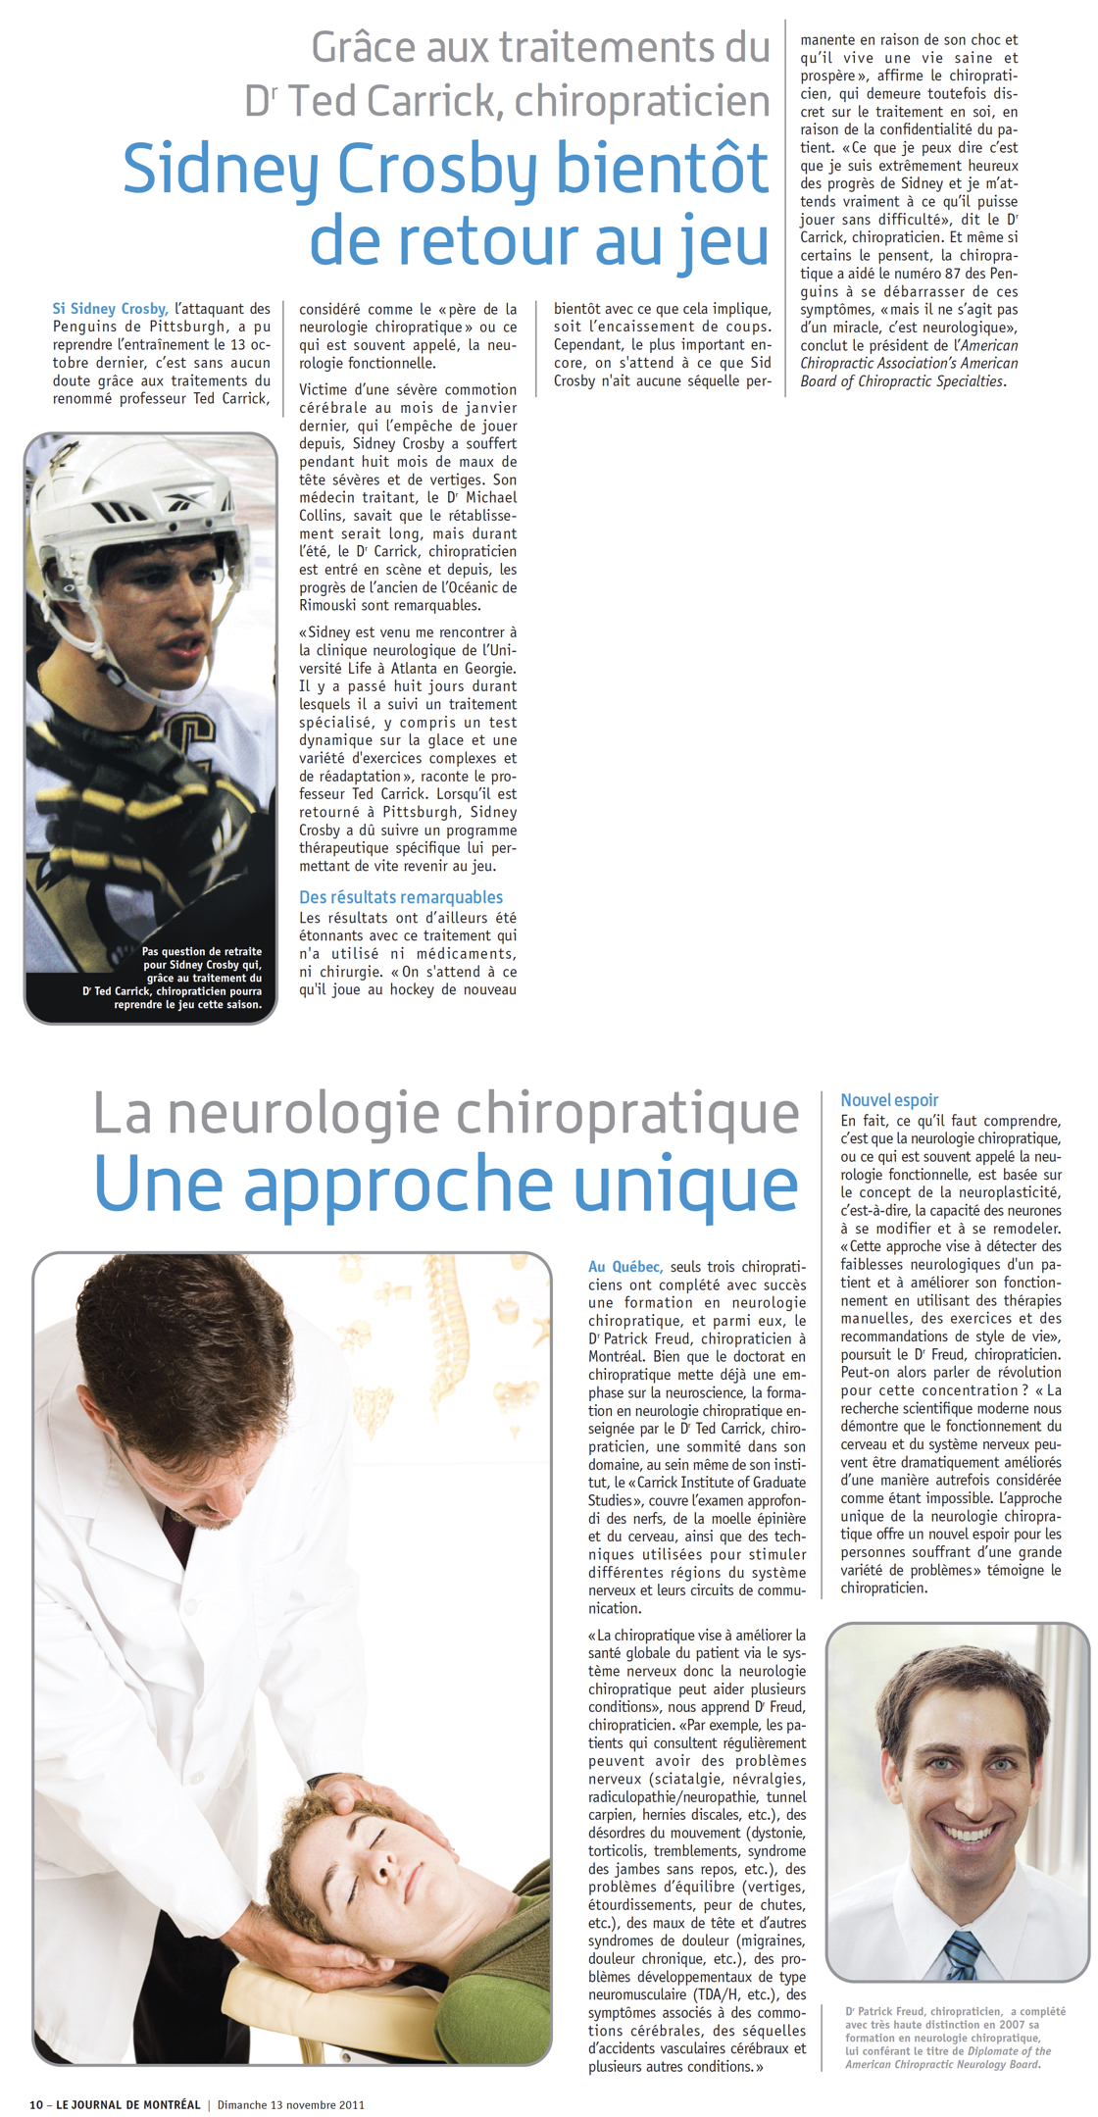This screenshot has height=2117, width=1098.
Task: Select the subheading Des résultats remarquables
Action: (400, 897)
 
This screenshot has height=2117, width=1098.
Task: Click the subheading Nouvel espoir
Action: (889, 1100)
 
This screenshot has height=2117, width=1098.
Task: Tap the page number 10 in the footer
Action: (36, 2104)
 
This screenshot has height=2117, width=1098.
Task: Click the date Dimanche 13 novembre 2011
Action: (290, 2104)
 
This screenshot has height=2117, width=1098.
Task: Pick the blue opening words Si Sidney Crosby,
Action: (110, 309)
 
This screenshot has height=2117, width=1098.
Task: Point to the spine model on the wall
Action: (453, 1338)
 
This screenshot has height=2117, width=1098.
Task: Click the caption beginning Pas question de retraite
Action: (186, 978)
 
